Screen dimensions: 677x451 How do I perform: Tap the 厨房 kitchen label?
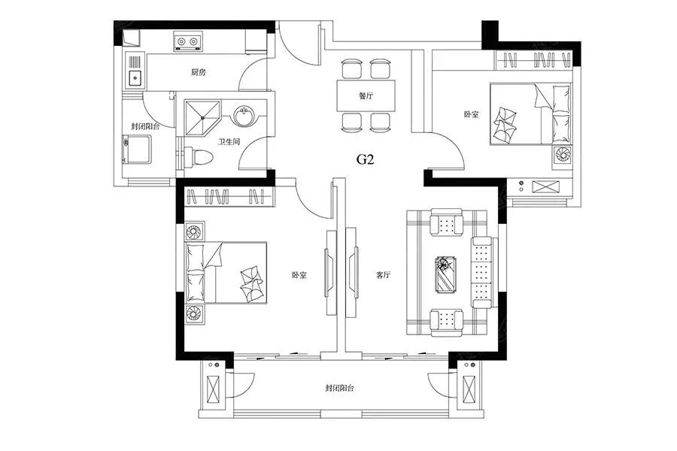click(x=199, y=73)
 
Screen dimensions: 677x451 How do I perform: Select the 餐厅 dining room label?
click(x=366, y=96)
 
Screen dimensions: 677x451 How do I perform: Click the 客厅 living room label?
click(x=383, y=275)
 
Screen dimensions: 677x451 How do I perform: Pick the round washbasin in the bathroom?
click(x=244, y=117)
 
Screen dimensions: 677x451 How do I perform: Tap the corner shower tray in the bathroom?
click(x=202, y=116)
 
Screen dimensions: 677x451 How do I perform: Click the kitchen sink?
click(x=135, y=77)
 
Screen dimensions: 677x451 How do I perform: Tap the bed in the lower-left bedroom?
click(x=226, y=273)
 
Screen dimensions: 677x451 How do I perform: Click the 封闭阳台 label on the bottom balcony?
click(x=340, y=389)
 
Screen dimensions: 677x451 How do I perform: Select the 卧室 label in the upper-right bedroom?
click(x=472, y=115)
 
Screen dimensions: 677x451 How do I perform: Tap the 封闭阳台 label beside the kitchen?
click(x=144, y=126)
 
